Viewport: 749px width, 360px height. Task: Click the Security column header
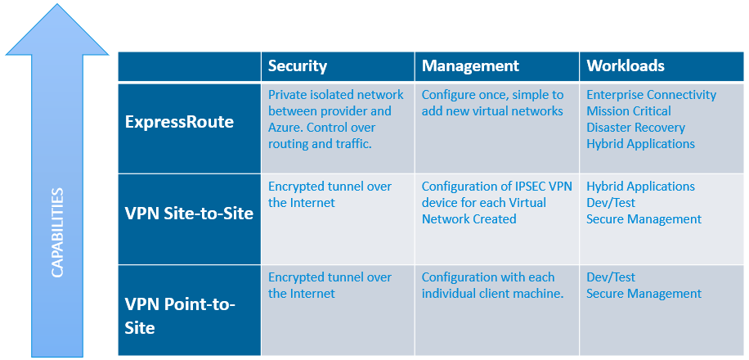297,66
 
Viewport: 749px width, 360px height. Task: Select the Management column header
470,66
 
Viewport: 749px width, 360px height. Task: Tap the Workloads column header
626,66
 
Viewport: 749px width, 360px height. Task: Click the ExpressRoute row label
179,123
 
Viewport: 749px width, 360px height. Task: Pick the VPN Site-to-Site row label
189,214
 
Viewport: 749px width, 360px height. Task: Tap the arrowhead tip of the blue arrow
58,4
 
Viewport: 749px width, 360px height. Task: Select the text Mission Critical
629,111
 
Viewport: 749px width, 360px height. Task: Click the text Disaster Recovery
636,128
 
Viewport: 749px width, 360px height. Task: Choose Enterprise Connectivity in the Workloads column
652,95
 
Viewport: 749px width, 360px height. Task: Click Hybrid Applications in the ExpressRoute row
640,144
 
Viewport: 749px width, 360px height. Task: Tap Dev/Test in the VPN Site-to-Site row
611,203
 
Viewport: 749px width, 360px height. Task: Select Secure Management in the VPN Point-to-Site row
644,294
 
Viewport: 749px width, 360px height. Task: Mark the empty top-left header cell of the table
190,66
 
